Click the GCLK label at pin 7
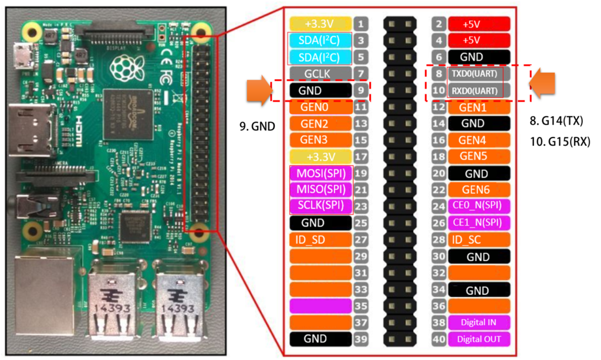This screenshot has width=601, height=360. [320, 74]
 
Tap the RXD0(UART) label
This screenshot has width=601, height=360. [474, 91]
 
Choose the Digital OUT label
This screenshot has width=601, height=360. [478, 339]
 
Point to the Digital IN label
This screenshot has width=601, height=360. [478, 322]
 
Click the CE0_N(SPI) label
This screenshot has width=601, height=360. [478, 206]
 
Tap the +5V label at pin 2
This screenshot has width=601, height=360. [478, 24]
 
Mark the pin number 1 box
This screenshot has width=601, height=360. [362, 24]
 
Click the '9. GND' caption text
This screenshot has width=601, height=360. [257, 126]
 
